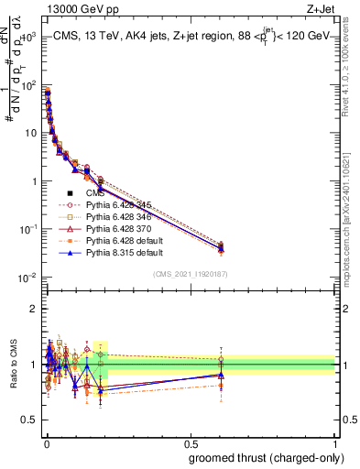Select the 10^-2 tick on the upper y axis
27,277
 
